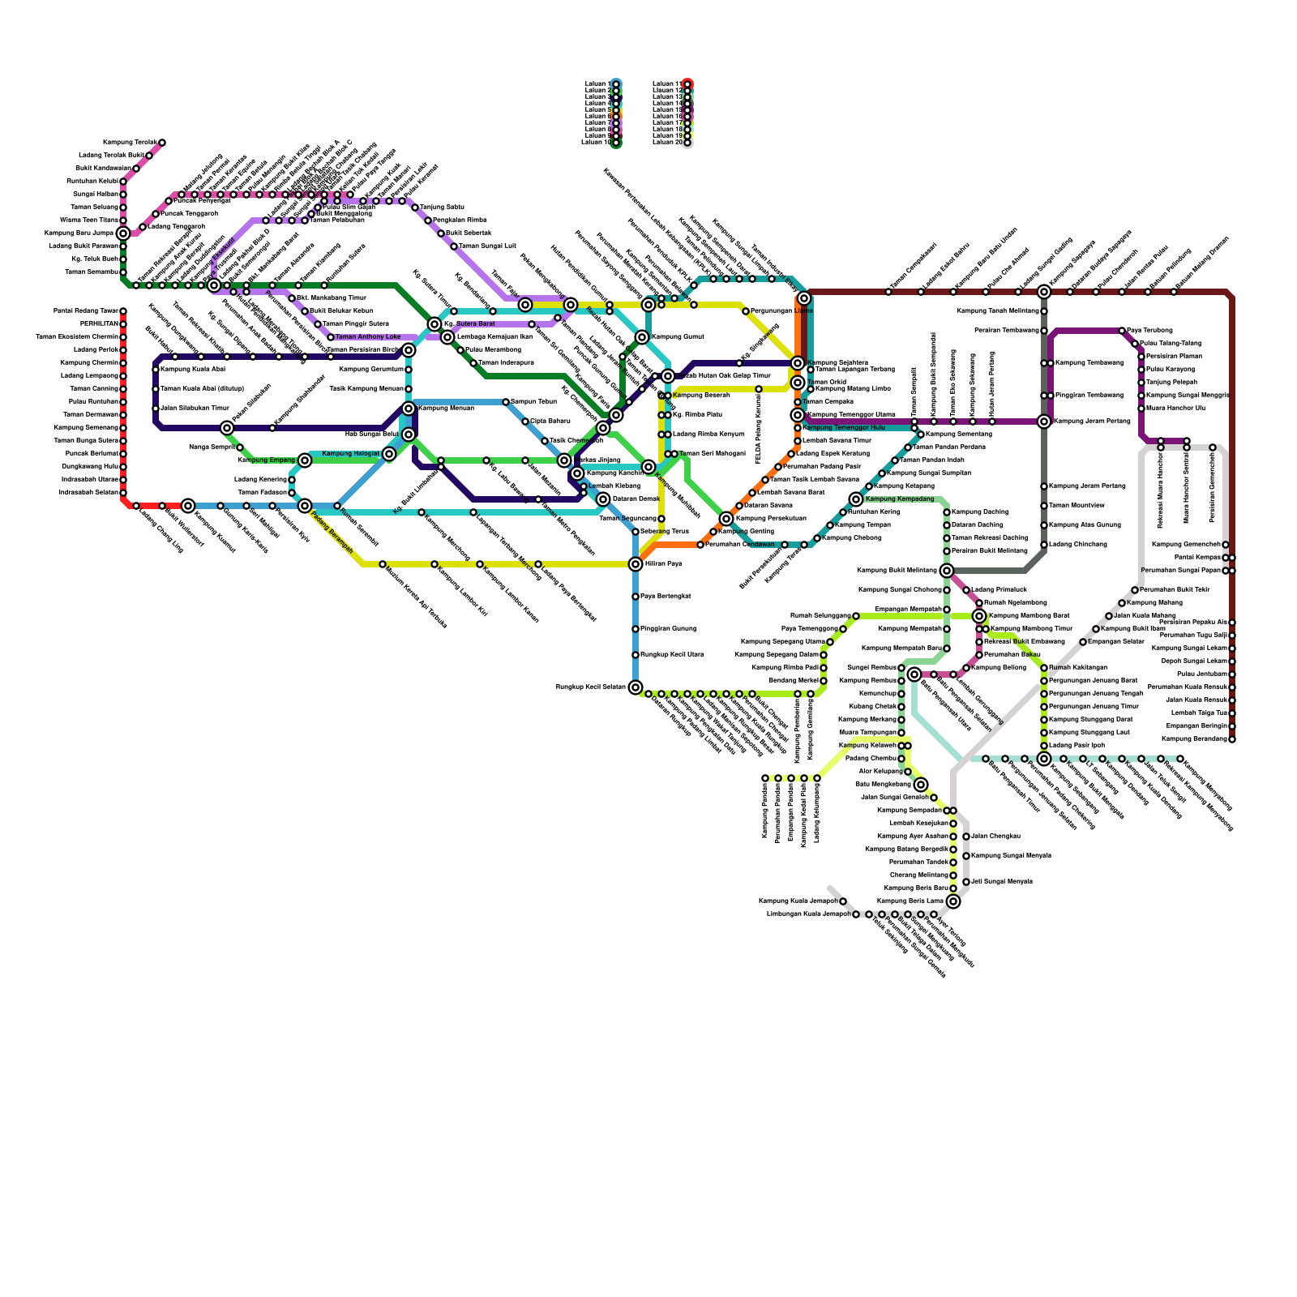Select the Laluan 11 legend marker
(687, 83)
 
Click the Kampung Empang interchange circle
(305, 460)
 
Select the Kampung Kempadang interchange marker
(856, 499)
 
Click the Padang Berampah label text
(332, 531)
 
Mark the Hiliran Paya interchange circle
(636, 564)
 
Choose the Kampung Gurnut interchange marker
(642, 337)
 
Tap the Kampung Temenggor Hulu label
(843, 427)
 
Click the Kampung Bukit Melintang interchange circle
(947, 571)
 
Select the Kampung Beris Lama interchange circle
(953, 901)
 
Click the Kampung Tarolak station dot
(162, 143)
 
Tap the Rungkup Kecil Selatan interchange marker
(636, 687)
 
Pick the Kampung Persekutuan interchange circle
(726, 519)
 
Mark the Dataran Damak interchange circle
(603, 499)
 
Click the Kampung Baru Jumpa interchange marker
(123, 233)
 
